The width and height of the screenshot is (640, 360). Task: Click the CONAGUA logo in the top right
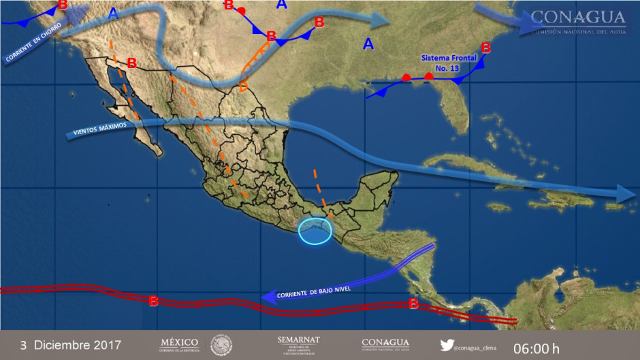click(578, 21)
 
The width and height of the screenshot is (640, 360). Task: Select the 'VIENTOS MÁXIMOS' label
click(100, 130)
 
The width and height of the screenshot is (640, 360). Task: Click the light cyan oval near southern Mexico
click(316, 229)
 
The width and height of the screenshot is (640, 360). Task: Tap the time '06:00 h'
click(537, 348)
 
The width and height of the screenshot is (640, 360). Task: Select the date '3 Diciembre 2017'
click(71, 345)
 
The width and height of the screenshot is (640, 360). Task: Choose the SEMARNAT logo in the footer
click(298, 344)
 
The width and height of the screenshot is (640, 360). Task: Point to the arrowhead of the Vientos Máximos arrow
click(626, 193)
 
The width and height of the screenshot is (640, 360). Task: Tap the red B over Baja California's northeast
click(132, 63)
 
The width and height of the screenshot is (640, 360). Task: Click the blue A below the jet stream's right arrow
click(368, 44)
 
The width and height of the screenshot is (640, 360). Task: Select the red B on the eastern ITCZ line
click(413, 304)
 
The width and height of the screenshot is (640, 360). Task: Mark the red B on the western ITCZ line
click(154, 300)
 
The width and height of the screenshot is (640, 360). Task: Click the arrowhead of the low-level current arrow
click(268, 296)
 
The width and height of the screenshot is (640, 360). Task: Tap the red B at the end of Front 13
click(485, 48)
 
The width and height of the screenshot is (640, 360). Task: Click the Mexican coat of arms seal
click(221, 344)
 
